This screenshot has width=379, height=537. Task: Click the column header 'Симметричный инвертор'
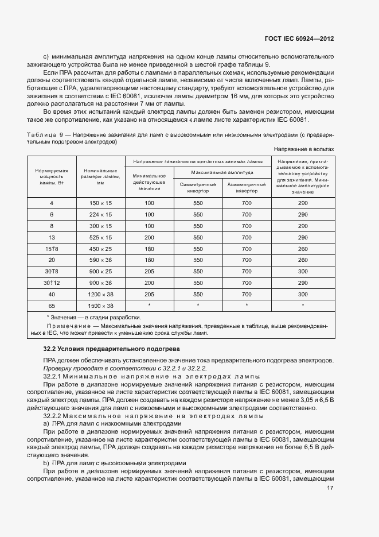pos(198,188)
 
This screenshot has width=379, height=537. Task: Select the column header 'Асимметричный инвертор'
pos(247,188)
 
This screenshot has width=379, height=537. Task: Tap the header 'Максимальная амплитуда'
pos(222,172)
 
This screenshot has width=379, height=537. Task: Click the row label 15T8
pos(52,249)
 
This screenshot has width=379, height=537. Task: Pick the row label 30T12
pos(52,283)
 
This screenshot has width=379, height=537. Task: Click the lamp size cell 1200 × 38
pos(100,294)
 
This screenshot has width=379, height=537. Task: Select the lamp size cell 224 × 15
pos(100,214)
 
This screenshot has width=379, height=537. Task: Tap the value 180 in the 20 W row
pos(150,260)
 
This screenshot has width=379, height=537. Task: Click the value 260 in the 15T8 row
pos(303,249)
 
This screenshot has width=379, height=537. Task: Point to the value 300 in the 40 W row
pos(303,294)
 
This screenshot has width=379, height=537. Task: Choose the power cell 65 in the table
pos(52,306)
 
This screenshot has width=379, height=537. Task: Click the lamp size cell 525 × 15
pos(100,237)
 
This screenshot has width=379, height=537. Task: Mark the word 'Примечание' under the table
pos(65,326)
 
